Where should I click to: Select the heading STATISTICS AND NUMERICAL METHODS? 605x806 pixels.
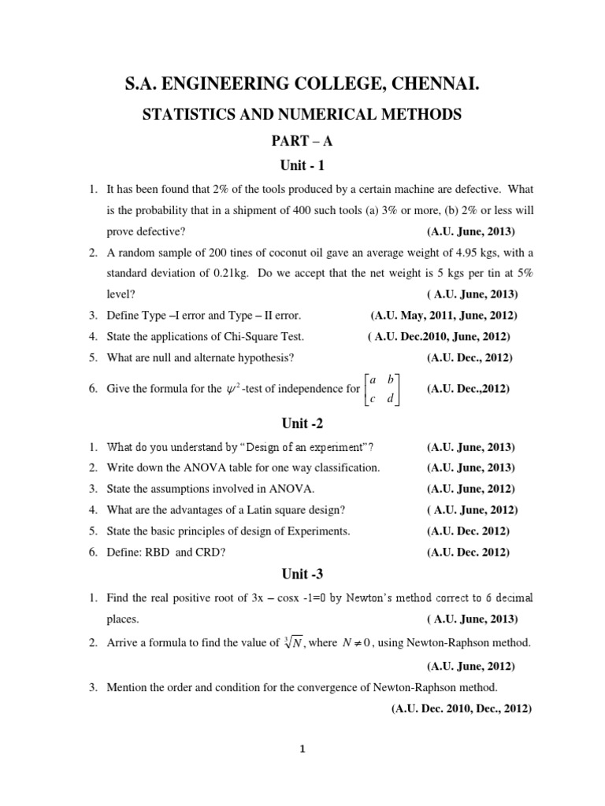[302, 115]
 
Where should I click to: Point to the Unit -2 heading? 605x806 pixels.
[302, 423]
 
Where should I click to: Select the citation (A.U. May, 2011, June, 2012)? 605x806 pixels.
[443, 316]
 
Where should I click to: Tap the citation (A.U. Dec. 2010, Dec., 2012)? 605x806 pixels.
[461, 708]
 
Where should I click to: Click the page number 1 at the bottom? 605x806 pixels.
[302, 750]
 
